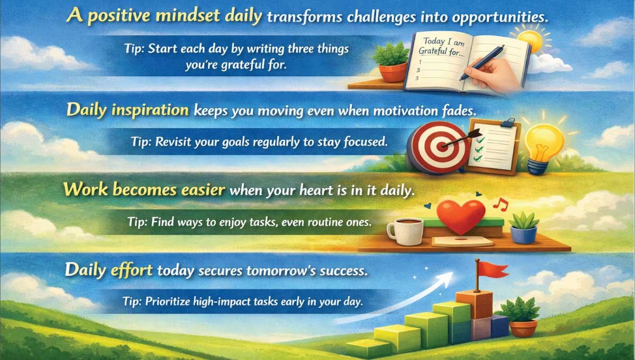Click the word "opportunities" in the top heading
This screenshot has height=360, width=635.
pos(500,17)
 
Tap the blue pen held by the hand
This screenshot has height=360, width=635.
pos(482,62)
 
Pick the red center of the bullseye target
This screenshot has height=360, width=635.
pos(441,147)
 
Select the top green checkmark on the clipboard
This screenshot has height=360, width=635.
pos(481,140)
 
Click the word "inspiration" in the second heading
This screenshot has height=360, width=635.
pos(150,110)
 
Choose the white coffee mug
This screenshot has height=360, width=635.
pos(405,231)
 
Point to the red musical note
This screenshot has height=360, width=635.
pos(501,204)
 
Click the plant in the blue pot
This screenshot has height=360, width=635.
pos(524,228)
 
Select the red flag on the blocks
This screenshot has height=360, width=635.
pos(493,270)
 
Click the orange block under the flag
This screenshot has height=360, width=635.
pos(474,304)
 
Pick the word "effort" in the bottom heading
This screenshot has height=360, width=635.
pos(132,270)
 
